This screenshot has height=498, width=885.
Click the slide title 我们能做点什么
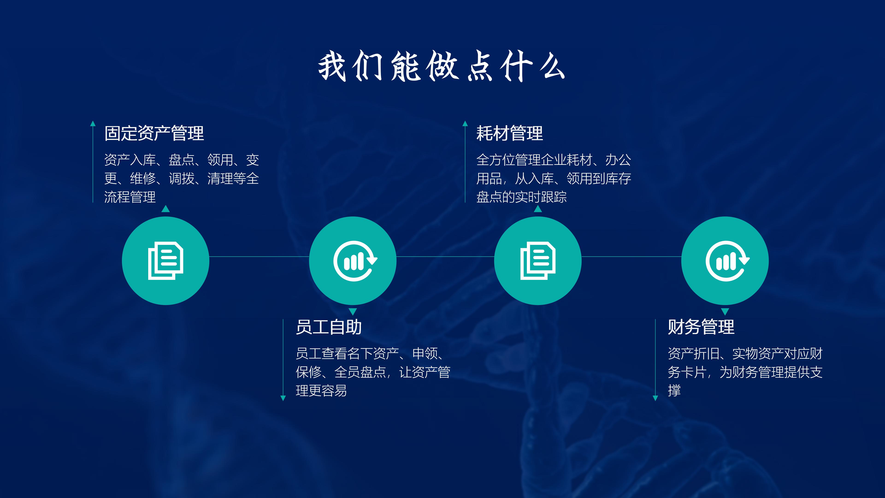(x=442, y=66)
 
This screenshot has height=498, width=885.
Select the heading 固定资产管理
(x=154, y=133)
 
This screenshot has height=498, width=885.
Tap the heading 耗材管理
(x=510, y=133)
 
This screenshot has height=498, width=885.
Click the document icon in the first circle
(x=166, y=261)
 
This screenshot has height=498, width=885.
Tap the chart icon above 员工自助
(x=355, y=261)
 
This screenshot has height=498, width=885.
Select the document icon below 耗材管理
(x=538, y=261)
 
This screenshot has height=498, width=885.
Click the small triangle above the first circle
(x=166, y=209)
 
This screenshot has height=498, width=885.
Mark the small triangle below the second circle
(x=353, y=312)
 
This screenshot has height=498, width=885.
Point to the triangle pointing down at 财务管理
(x=725, y=312)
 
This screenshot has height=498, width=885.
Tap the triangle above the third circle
(x=538, y=209)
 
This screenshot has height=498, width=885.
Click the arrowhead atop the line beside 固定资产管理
(x=93, y=123)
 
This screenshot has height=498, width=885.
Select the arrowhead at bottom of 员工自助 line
(x=283, y=398)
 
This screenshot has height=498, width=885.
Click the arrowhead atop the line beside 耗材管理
(x=465, y=123)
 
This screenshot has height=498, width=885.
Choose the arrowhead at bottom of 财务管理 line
(x=655, y=398)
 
